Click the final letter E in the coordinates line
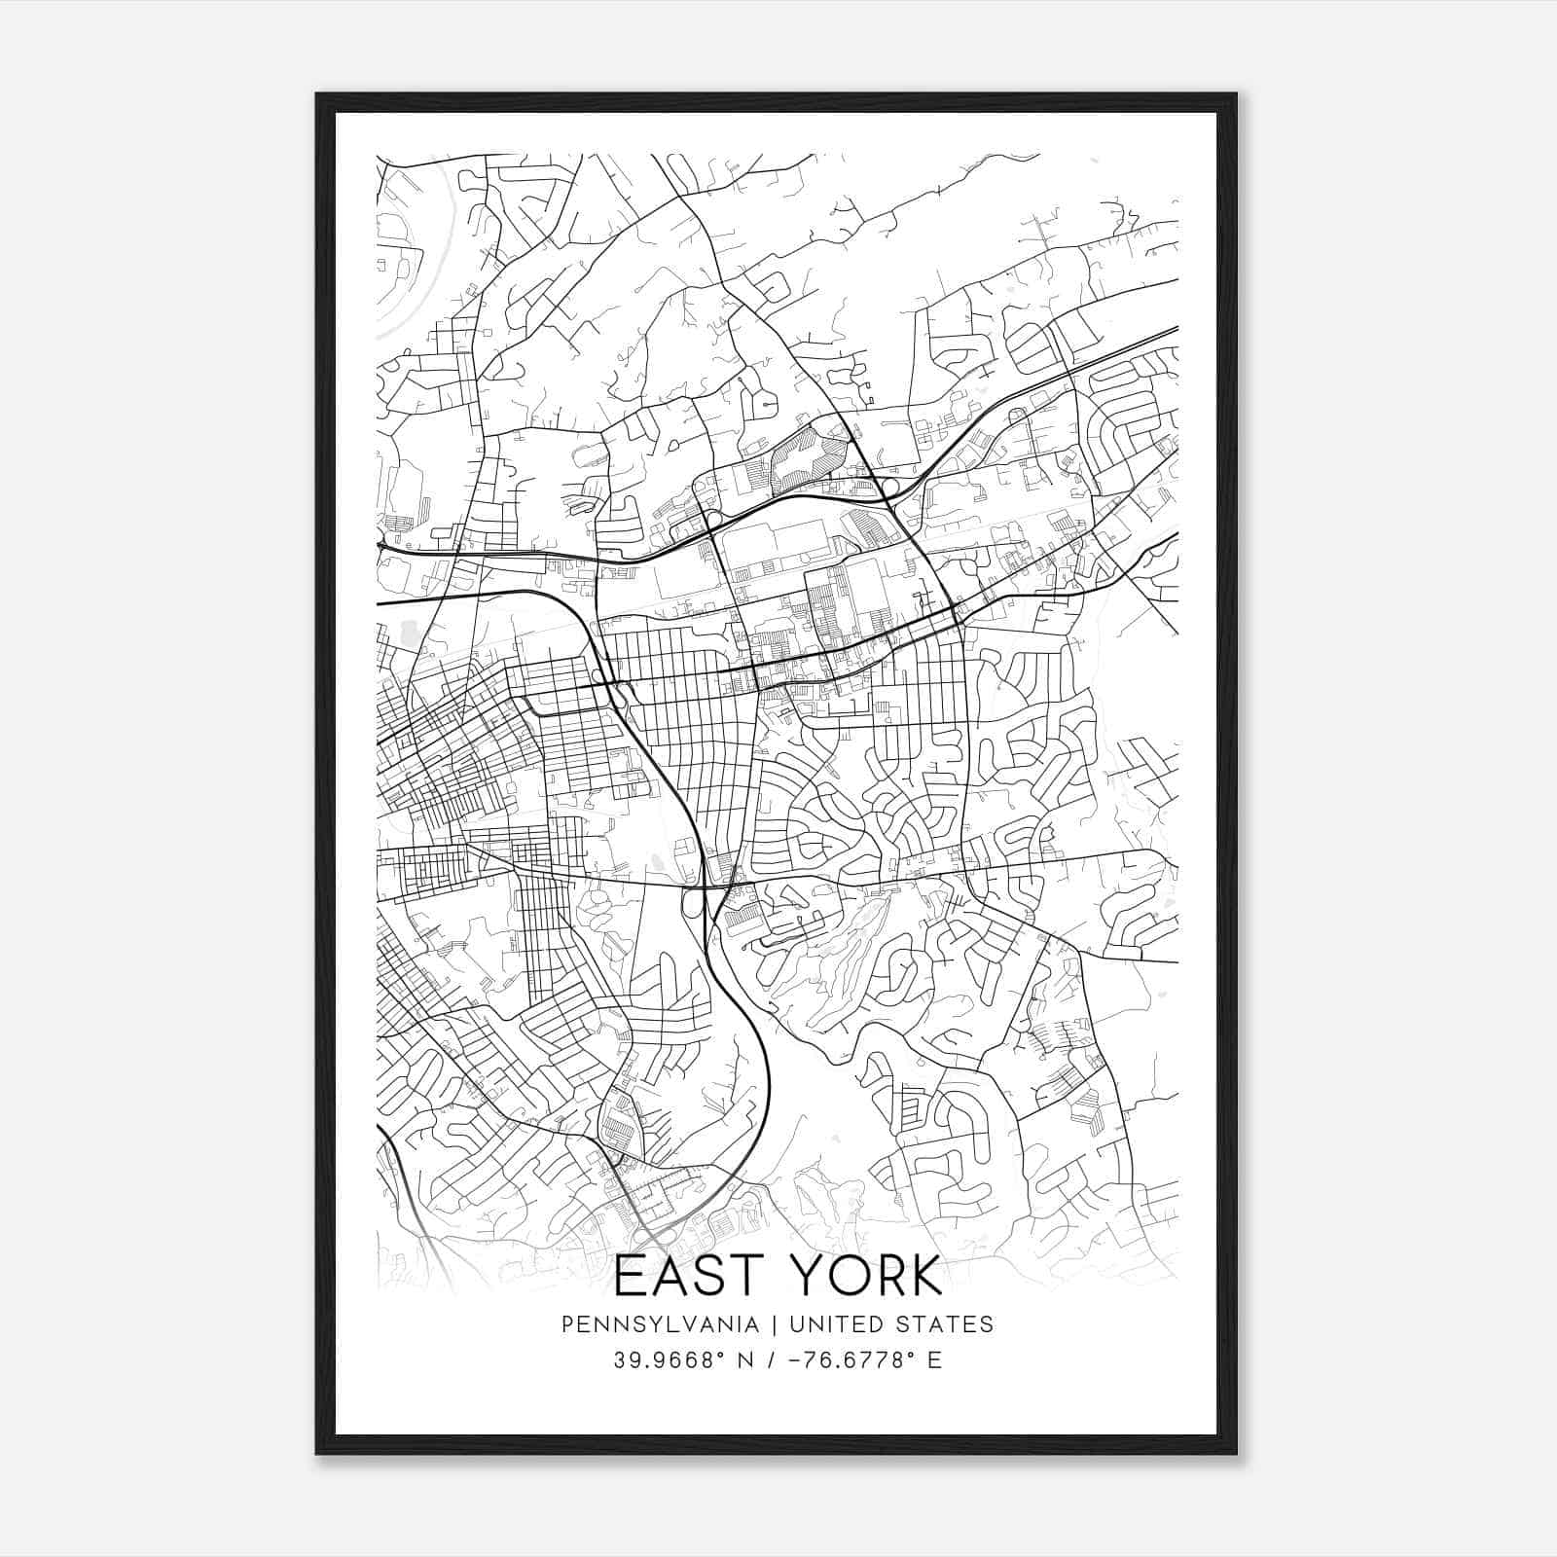tap(935, 1360)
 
